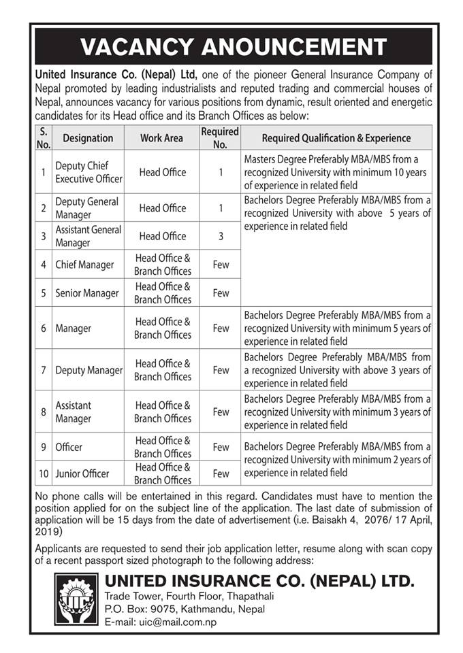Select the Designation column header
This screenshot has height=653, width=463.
coord(88,138)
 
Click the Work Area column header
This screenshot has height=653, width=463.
coord(161,138)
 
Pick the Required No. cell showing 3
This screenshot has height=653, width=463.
coord(221,236)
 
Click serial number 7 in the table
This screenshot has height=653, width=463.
coord(43,370)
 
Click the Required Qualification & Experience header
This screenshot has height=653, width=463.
coord(336,138)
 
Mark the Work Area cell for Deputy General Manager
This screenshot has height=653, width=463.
coord(162,208)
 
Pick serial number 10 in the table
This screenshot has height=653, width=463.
coord(43,473)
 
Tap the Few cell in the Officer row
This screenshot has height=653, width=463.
coord(221,447)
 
